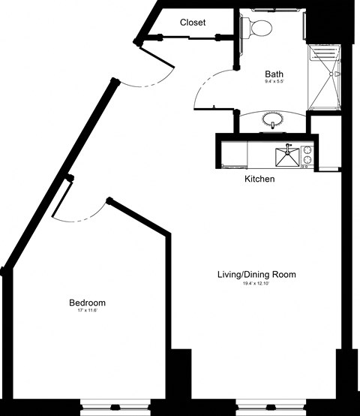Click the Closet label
click(193, 23)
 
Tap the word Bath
click(274, 74)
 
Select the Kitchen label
click(259, 179)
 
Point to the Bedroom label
click(87, 303)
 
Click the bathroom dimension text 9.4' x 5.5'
click(274, 83)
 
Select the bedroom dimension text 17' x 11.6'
click(87, 312)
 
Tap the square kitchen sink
click(287, 158)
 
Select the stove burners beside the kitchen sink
click(307, 155)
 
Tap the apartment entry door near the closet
click(154, 66)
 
